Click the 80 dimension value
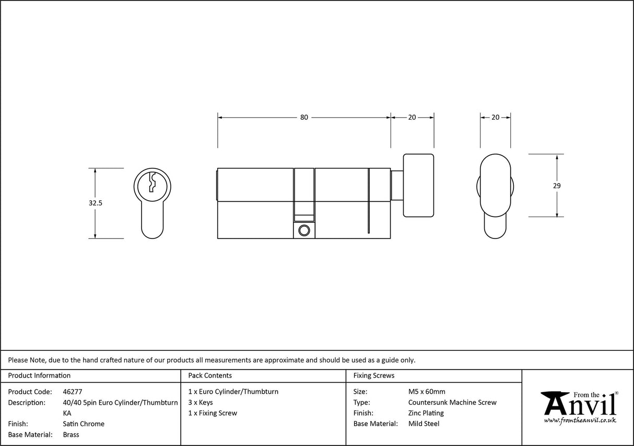click(304, 117)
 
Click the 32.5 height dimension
click(95, 203)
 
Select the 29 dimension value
click(557, 186)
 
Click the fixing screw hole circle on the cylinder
click(304, 230)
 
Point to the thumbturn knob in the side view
click(418, 186)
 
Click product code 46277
click(72, 392)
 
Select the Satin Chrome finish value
click(84, 424)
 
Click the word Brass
click(71, 434)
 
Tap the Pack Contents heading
click(210, 375)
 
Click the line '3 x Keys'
click(201, 403)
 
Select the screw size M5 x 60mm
click(427, 392)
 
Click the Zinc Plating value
click(426, 413)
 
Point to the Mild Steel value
click(424, 424)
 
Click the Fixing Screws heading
click(374, 375)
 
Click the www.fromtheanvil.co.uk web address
click(580, 420)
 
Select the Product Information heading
click(39, 375)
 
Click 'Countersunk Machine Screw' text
click(452, 403)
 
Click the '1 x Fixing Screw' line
click(213, 413)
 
